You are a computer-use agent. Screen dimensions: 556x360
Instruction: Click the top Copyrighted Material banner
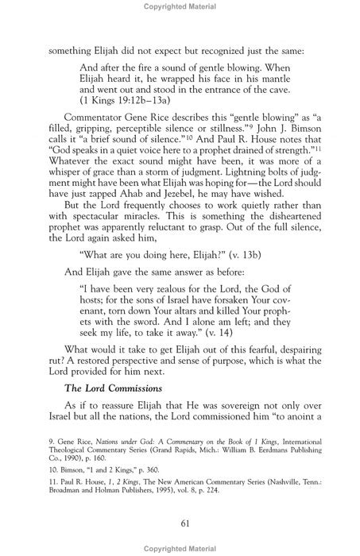coord(180,6)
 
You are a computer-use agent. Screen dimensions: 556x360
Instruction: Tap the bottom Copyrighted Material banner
coord(180,549)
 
